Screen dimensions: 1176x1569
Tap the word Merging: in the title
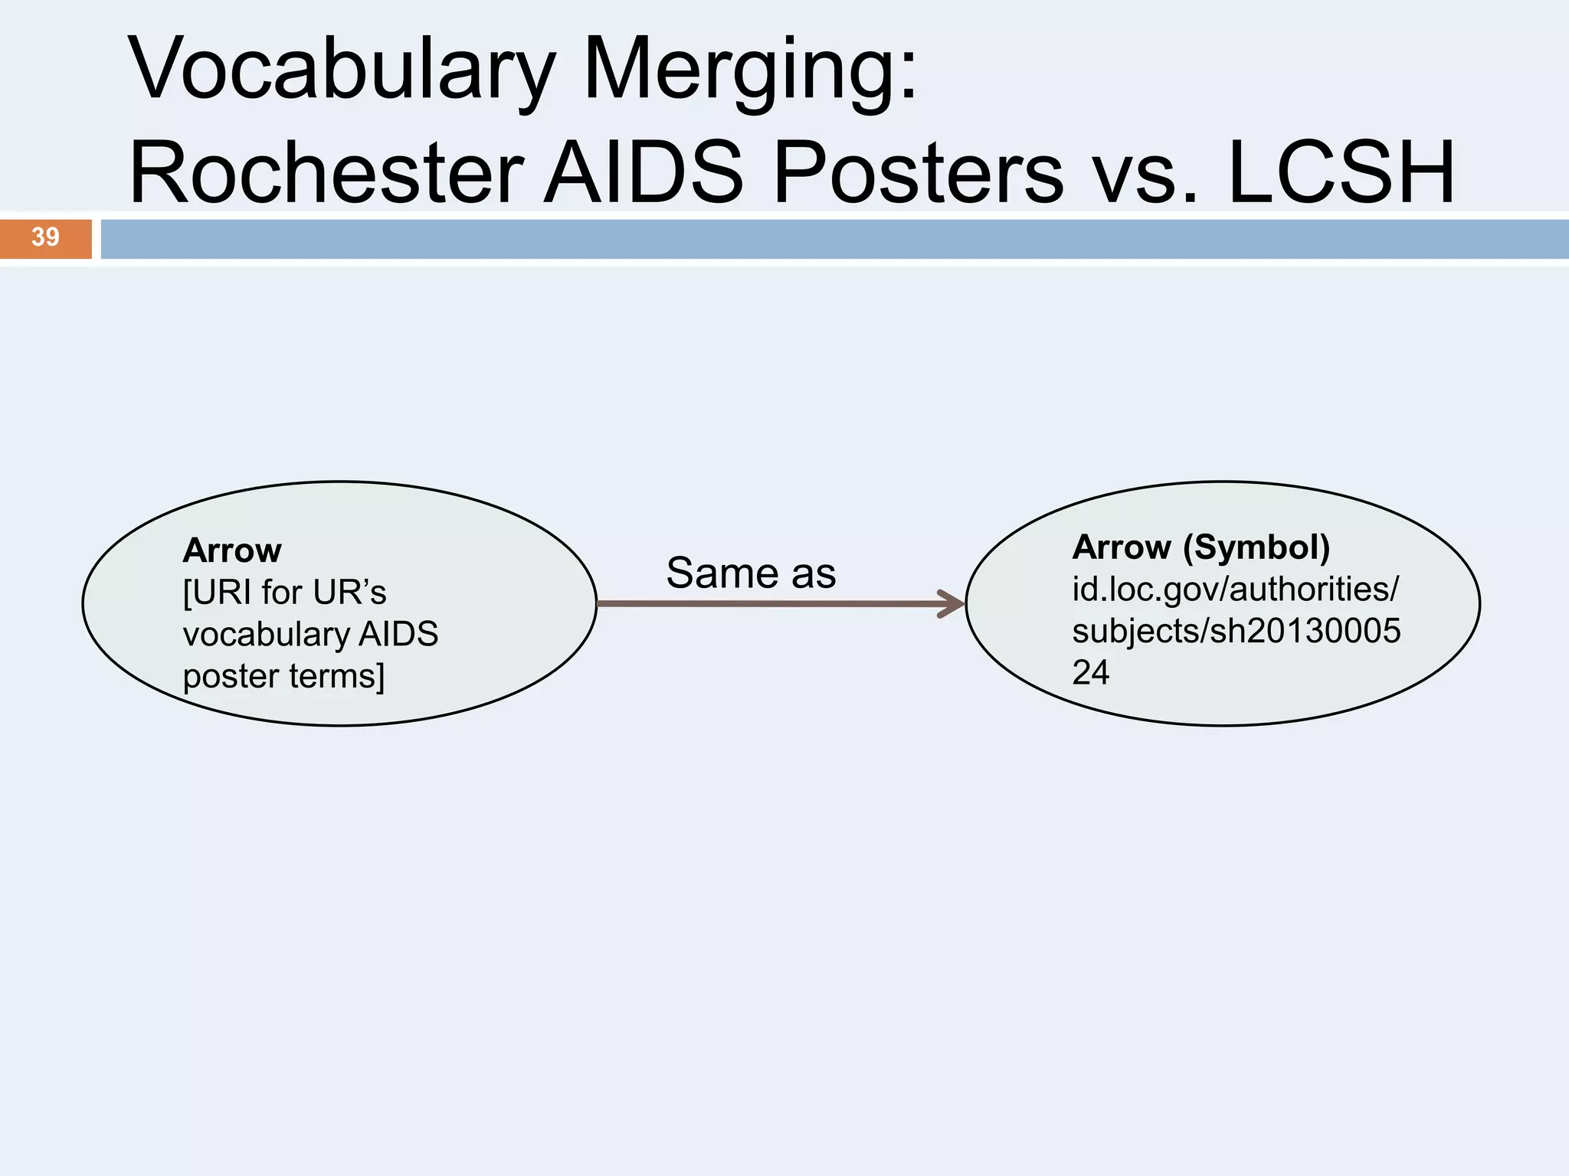click(751, 70)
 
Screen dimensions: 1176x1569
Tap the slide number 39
click(45, 237)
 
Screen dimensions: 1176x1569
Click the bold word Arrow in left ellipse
click(232, 550)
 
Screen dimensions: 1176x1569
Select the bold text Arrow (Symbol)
click(1200, 547)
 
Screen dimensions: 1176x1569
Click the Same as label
click(751, 573)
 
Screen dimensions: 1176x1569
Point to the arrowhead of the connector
click(954, 604)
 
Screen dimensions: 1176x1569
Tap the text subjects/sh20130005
click(1236, 632)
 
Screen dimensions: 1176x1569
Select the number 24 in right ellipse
click(1090, 673)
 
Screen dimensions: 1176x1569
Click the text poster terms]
click(283, 677)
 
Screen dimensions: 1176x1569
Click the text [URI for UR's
click(285, 593)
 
